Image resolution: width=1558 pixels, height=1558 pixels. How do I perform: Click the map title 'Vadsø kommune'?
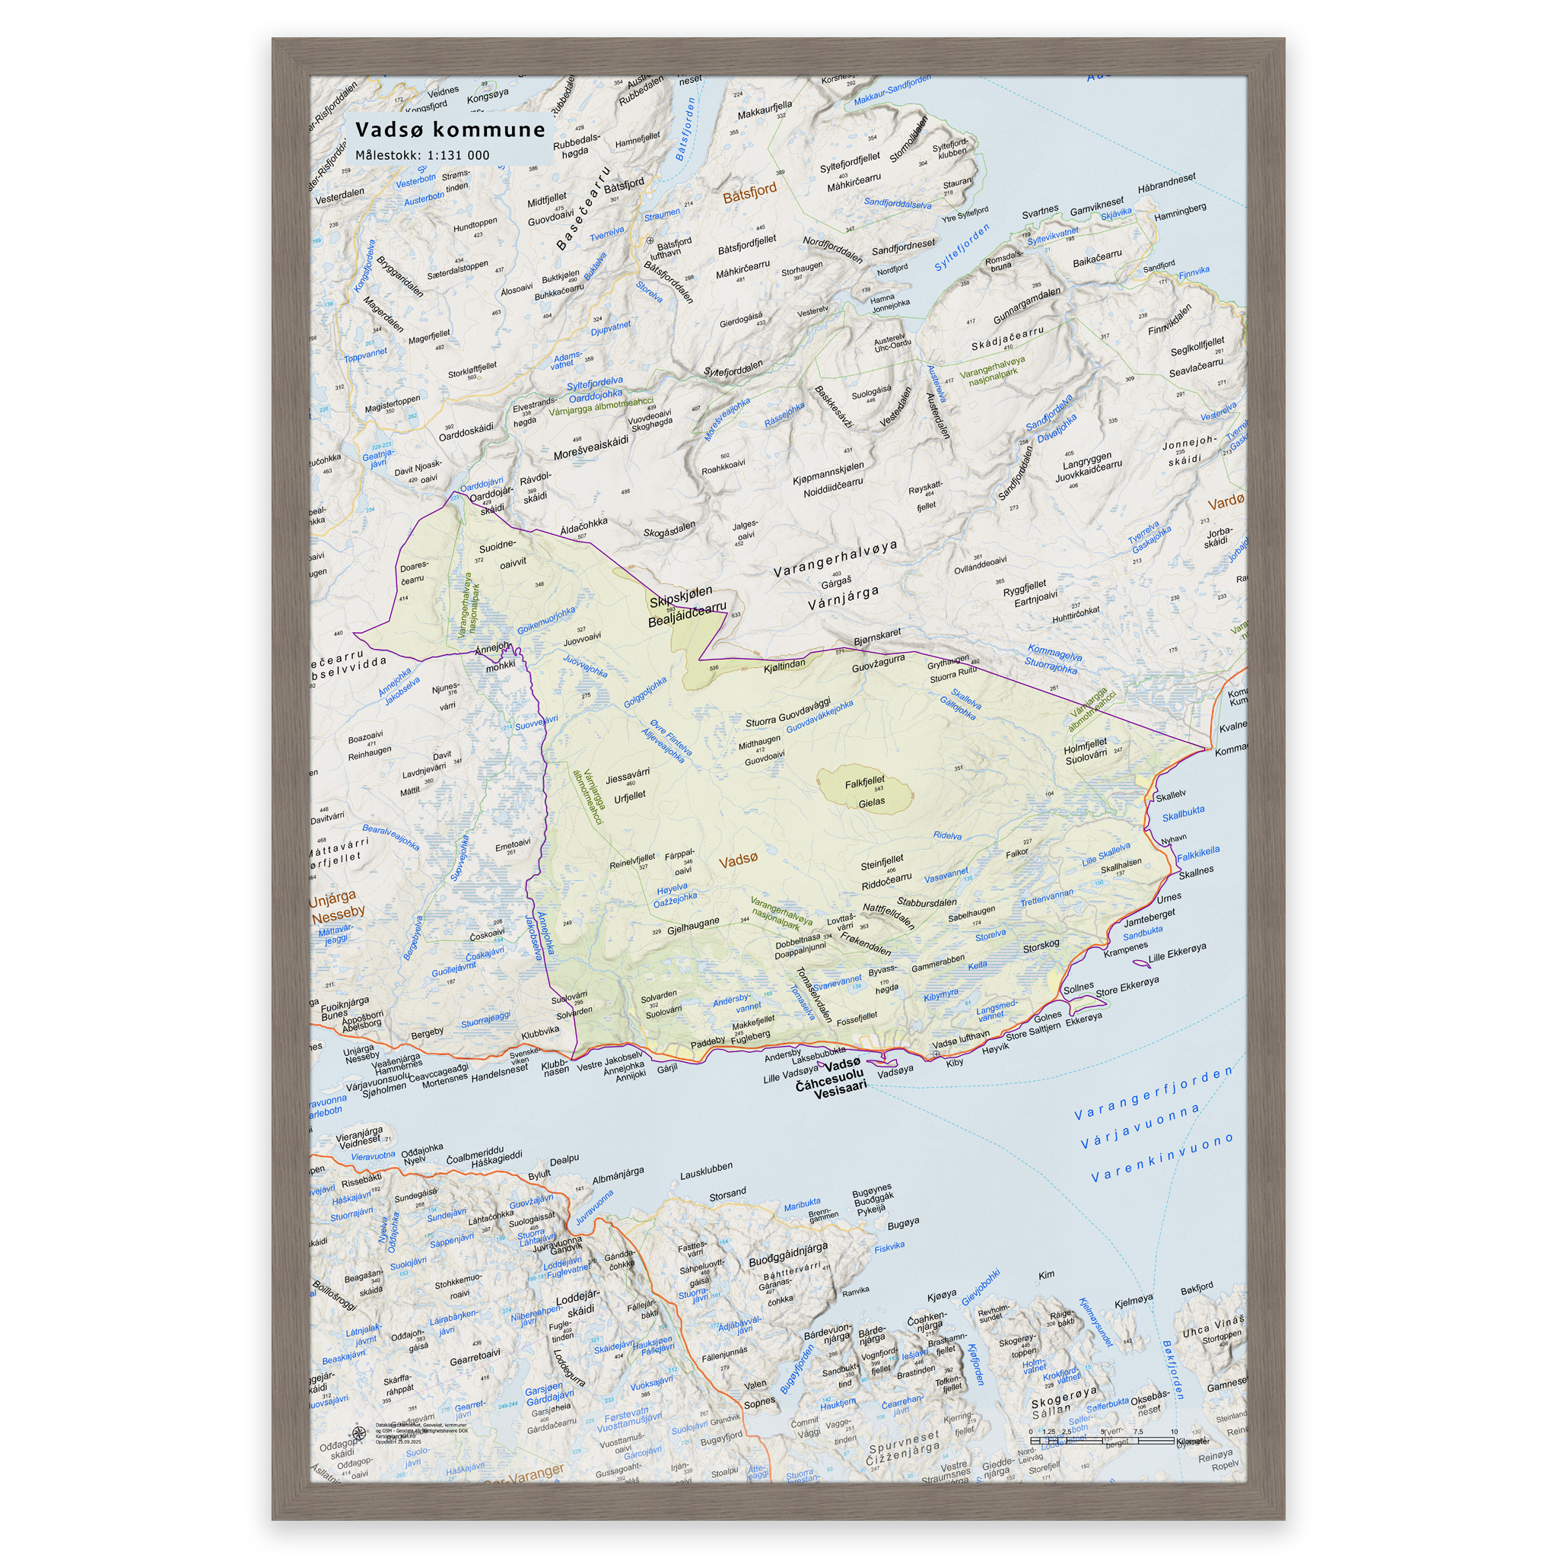450,130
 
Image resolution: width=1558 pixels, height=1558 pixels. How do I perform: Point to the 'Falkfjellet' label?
864,781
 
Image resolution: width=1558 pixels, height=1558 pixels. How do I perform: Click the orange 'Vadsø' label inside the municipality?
738,860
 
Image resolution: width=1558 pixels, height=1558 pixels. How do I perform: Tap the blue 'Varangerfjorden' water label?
1153,1092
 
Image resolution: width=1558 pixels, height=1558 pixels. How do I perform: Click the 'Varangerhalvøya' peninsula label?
835,559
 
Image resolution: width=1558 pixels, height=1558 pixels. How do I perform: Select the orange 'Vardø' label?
1226,502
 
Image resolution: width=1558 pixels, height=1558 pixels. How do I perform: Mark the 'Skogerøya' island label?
1064,1395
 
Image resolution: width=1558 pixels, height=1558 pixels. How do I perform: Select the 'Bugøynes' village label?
872,1190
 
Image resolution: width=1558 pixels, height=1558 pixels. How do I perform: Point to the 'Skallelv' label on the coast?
1170,796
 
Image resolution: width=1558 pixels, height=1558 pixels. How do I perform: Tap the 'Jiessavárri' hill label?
628,777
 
